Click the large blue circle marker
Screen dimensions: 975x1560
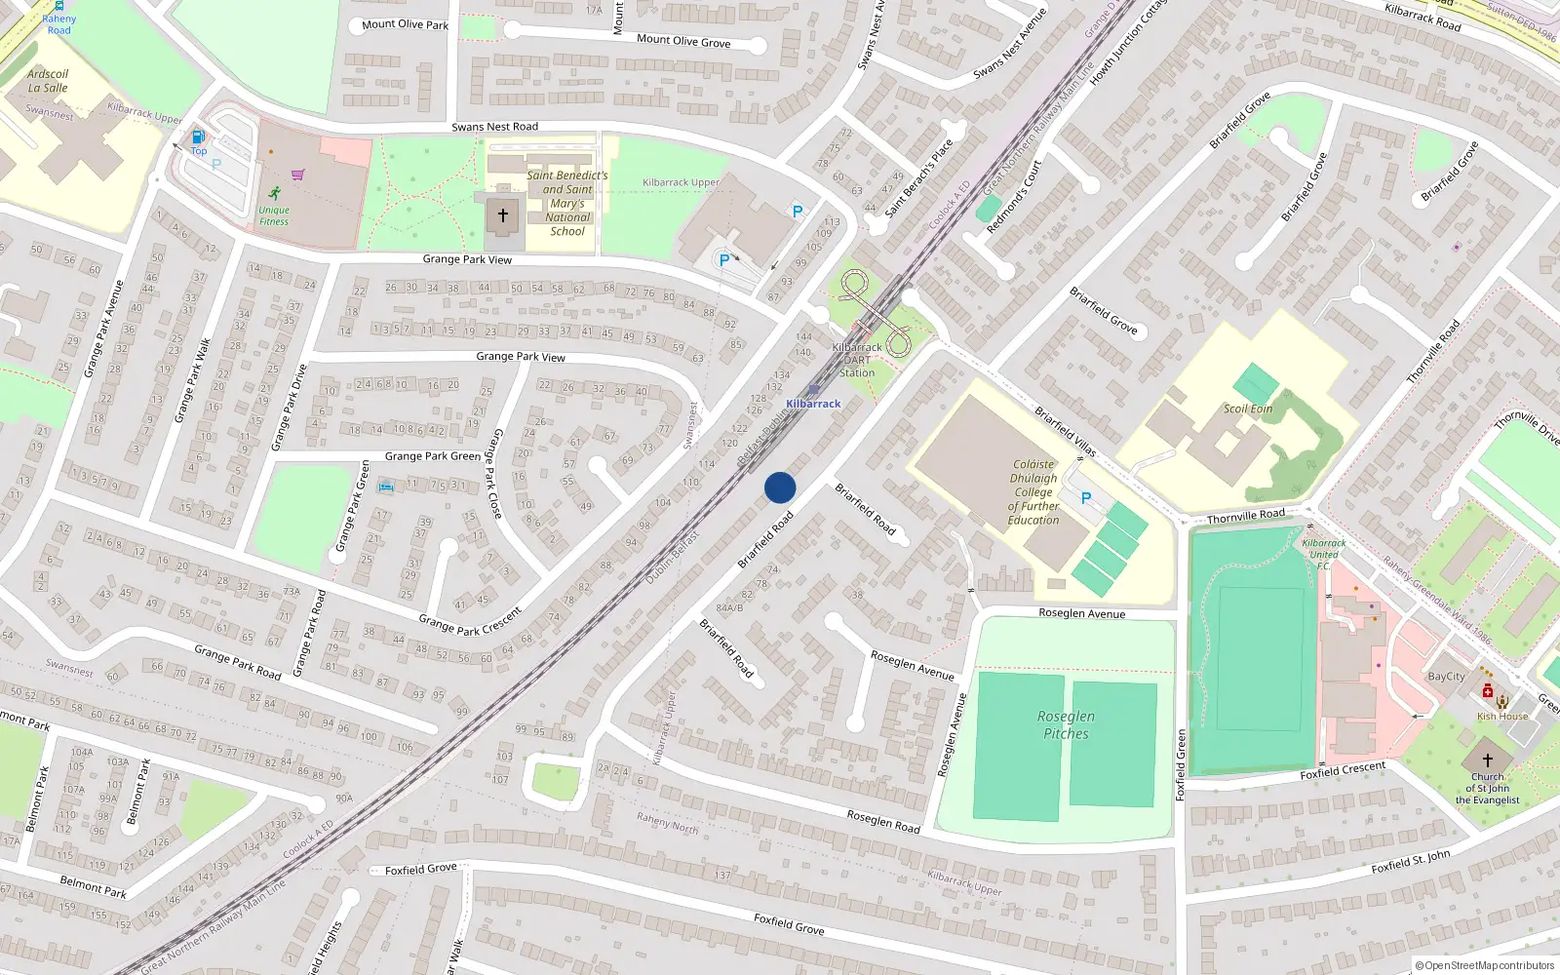coord(780,487)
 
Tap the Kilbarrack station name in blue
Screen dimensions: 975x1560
coord(813,404)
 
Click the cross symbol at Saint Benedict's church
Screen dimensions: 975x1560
coord(503,215)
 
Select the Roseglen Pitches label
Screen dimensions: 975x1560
coord(1066,725)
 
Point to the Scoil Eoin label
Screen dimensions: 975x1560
coord(1248,409)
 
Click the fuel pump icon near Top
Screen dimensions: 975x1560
coord(199,137)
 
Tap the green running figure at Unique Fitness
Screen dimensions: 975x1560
coord(275,193)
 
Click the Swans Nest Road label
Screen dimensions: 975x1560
coord(494,127)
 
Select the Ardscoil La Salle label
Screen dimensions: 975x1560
coord(48,81)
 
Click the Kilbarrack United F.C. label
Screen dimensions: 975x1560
coord(1324,554)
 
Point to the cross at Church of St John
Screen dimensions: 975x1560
coord(1488,760)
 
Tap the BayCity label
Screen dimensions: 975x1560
coord(1446,677)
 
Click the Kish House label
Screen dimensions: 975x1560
coord(1502,717)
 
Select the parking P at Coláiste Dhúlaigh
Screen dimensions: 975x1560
coord(1086,498)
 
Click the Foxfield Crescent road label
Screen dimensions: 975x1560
coord(1343,770)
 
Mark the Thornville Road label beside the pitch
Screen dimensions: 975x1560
coord(1246,516)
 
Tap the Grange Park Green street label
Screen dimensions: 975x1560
coord(433,456)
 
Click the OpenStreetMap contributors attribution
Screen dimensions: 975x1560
coord(1488,966)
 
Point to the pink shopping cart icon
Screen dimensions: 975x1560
coord(298,175)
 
